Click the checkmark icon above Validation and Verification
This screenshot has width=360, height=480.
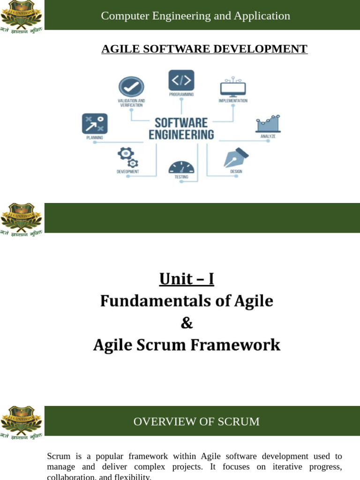[x=131, y=87]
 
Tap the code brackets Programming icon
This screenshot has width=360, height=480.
[x=181, y=81]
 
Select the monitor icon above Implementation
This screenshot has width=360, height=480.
[x=233, y=88]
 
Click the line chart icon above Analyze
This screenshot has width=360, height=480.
[x=268, y=123]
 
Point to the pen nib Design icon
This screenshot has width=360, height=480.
[x=236, y=157]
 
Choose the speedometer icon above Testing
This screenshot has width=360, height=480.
[x=181, y=167]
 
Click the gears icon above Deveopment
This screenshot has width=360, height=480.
[x=127, y=157]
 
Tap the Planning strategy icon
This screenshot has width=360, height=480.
[x=95, y=124]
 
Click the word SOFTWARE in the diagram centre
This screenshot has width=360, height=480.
[x=181, y=123]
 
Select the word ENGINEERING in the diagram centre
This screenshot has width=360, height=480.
[x=181, y=135]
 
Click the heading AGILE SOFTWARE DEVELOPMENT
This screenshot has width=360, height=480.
[x=204, y=49]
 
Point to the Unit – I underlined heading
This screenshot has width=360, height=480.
[x=187, y=279]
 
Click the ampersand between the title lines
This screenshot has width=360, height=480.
[x=187, y=323]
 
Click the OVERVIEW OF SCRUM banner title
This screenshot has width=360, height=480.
[x=196, y=421]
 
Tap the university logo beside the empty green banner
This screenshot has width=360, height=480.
[x=22, y=218]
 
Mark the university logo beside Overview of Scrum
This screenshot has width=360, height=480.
[x=22, y=421]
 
